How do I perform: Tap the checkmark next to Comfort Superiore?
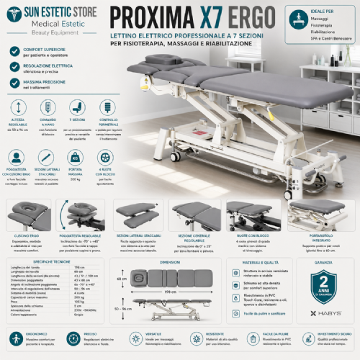(x=15, y=51)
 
